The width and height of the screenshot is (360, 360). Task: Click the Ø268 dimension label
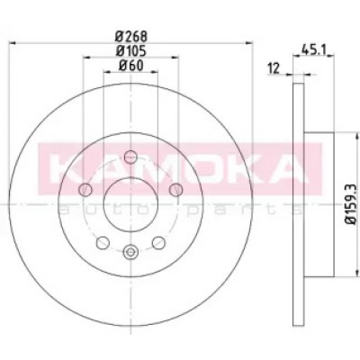click(131, 37)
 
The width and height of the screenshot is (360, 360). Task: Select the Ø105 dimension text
click(131, 51)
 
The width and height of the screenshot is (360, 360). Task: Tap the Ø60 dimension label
click(131, 66)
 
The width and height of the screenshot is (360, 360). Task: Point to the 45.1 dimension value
click(313, 49)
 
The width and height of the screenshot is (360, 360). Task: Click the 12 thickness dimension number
click(274, 68)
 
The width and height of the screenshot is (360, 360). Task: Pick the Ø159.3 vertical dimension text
click(350, 203)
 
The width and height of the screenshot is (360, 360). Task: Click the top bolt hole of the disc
click(130, 157)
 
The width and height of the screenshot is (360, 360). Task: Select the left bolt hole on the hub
click(85, 190)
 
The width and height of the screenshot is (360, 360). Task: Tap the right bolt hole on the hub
click(175, 190)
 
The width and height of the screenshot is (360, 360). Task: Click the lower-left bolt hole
click(103, 242)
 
